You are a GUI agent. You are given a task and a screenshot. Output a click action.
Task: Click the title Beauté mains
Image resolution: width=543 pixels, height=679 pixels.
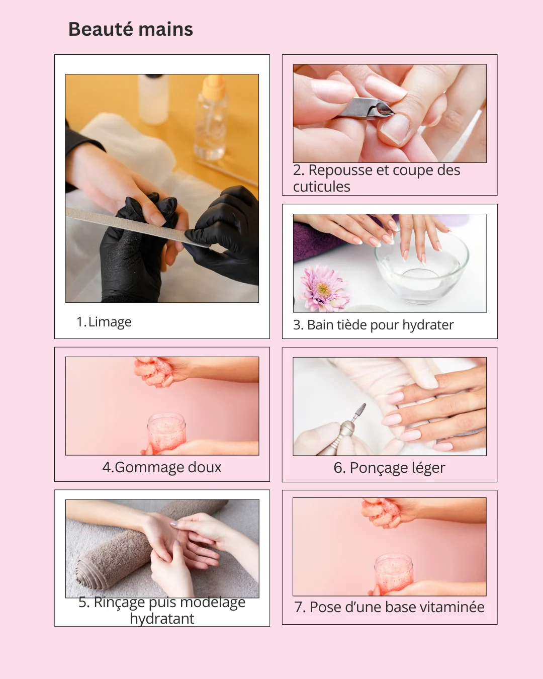click(131, 30)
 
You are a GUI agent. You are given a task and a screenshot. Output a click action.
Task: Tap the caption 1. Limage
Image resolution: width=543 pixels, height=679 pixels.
click(104, 322)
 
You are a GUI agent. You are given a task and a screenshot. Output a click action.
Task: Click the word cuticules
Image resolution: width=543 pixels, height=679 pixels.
click(322, 187)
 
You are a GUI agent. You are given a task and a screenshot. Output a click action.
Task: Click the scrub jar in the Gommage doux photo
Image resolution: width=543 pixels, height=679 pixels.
click(166, 432)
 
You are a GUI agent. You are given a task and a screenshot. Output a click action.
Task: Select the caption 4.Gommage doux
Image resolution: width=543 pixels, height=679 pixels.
click(162, 467)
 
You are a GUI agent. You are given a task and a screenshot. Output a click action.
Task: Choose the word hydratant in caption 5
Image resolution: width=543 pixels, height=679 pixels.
click(162, 619)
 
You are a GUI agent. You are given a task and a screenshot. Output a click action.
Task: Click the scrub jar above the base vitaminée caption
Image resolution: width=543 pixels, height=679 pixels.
click(394, 573)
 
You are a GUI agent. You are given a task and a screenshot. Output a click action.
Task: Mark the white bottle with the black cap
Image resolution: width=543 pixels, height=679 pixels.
click(153, 98)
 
